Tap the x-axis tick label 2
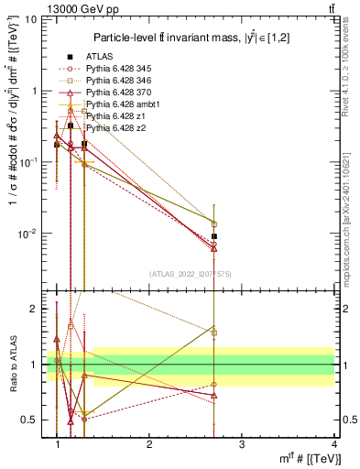pos(149,444)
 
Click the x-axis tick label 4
pos(333,444)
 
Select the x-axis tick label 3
pos(241,444)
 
